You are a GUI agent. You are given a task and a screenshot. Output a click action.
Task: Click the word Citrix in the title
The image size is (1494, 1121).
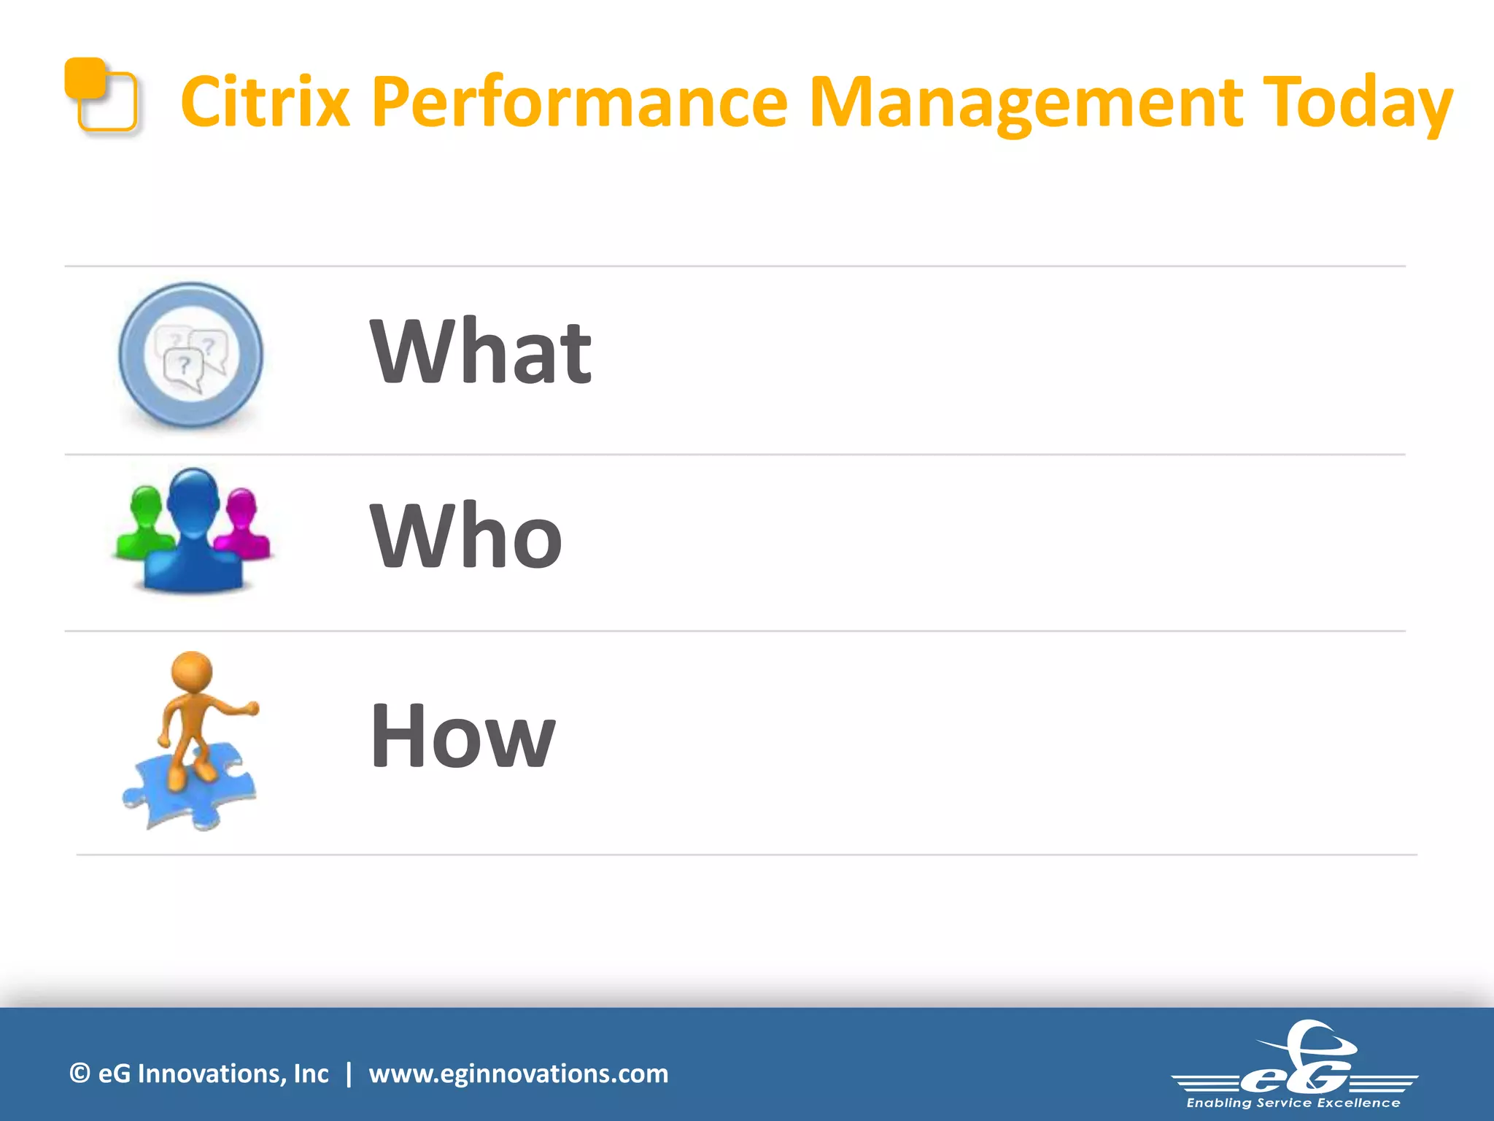pyautogui.click(x=266, y=102)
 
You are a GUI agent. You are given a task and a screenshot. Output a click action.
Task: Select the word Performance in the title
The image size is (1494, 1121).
pyautogui.click(x=579, y=102)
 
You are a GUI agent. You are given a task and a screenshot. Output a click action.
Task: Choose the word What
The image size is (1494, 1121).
pyautogui.click(x=481, y=352)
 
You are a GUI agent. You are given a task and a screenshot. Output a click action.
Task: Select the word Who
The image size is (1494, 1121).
pyautogui.click(x=466, y=536)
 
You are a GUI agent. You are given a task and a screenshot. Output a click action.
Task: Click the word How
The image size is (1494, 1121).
pyautogui.click(x=462, y=736)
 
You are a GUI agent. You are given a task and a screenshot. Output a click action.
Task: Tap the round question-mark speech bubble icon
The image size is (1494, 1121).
pyautogui.click(x=190, y=355)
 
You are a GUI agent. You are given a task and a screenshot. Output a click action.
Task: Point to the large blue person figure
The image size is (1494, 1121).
pyautogui.click(x=193, y=533)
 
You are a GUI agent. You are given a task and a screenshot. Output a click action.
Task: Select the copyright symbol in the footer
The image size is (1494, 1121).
pyautogui.click(x=80, y=1074)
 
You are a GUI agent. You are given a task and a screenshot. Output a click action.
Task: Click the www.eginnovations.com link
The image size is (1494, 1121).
pyautogui.click(x=518, y=1074)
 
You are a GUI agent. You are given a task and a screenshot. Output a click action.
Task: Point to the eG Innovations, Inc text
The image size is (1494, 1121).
pyautogui.click(x=213, y=1074)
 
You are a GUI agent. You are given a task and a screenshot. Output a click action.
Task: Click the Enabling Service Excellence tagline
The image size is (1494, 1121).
pyautogui.click(x=1293, y=1103)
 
